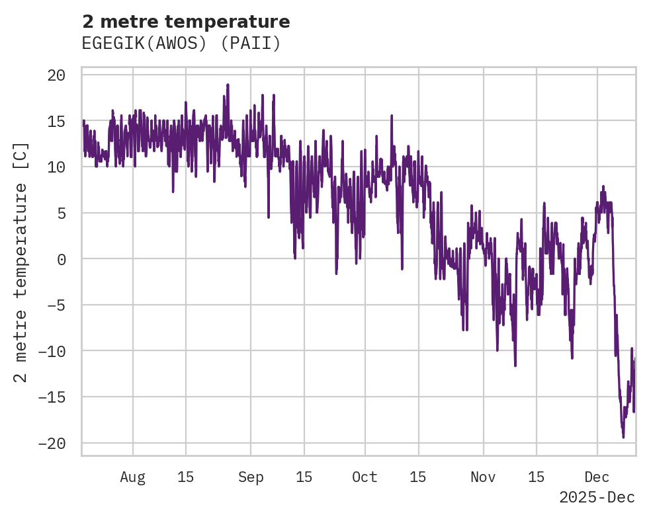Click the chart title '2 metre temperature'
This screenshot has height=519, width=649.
(x=186, y=22)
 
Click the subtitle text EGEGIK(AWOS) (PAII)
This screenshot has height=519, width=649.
(x=181, y=44)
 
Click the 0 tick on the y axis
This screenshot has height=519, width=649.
(x=61, y=259)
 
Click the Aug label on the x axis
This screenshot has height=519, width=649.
(x=133, y=477)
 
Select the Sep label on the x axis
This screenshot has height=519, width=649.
(x=251, y=477)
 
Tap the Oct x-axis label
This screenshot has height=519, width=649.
(x=365, y=477)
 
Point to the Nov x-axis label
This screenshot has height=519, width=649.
(x=483, y=477)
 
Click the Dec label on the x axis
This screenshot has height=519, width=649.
(x=597, y=477)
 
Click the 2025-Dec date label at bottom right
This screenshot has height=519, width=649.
(x=597, y=497)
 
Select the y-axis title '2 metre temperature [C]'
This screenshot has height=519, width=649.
(x=21, y=262)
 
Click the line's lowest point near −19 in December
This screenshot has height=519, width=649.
(x=623, y=436)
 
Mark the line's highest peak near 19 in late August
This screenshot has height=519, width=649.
(x=228, y=85)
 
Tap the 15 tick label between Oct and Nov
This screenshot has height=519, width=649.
(x=418, y=477)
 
